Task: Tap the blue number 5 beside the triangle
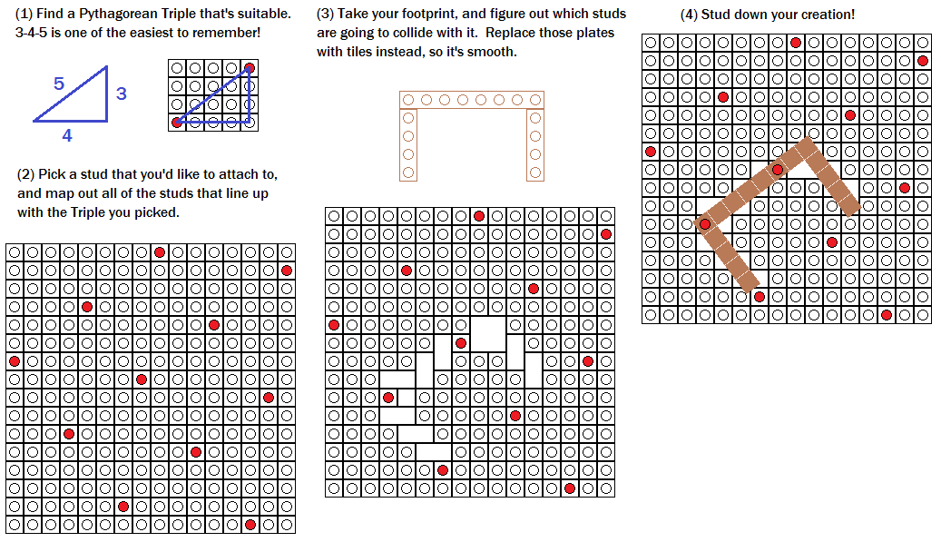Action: [59, 84]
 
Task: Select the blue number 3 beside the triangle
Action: [121, 94]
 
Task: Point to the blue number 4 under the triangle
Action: [67, 136]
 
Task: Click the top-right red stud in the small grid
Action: [250, 68]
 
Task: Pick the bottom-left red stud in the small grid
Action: [177, 122]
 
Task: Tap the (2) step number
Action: [27, 174]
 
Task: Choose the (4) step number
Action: [689, 15]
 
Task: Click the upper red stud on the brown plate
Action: [778, 170]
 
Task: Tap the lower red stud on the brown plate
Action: [705, 224]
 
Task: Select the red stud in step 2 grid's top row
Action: [160, 252]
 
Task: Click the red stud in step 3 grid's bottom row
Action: [570, 488]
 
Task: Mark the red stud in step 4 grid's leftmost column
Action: [651, 152]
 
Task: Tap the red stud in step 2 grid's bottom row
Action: [250, 525]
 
